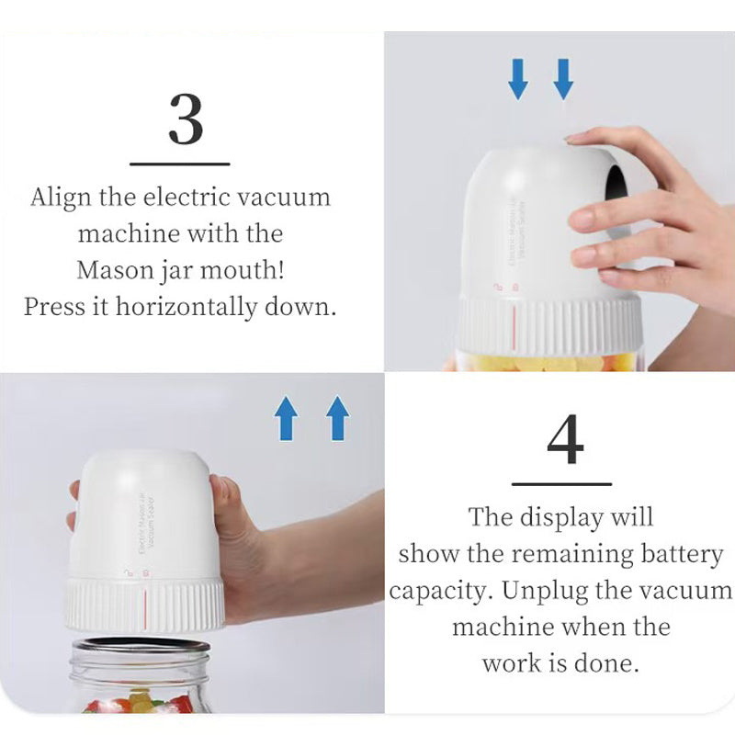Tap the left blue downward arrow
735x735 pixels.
pyautogui.click(x=518, y=79)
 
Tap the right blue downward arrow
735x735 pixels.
pyautogui.click(x=563, y=79)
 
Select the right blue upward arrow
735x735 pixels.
pyautogui.click(x=338, y=419)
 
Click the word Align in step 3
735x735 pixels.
pyautogui.click(x=57, y=197)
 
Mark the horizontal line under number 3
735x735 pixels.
pyautogui.click(x=180, y=164)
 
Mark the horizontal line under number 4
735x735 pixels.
pyautogui.click(x=561, y=483)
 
